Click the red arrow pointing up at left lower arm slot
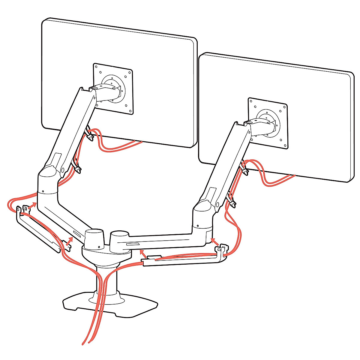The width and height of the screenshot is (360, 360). click(x=69, y=241)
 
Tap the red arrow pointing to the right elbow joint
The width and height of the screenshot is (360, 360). click(x=214, y=241)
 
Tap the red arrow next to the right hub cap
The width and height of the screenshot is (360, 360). click(x=144, y=253)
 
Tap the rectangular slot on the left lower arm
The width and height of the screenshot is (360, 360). click(x=77, y=234)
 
